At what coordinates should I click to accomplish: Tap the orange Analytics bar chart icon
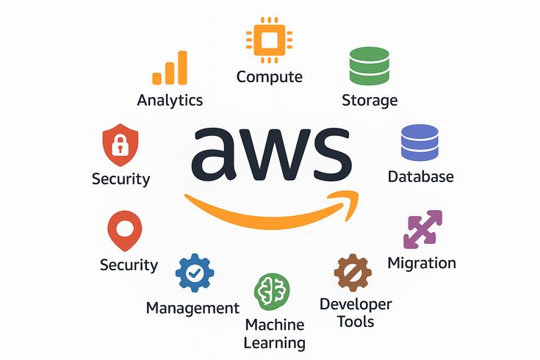(170, 70)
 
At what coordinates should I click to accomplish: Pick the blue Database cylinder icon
(420, 143)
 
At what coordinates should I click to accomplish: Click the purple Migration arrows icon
(423, 229)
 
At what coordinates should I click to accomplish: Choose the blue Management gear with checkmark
(195, 273)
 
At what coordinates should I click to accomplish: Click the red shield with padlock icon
(120, 145)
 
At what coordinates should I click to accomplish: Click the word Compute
(269, 76)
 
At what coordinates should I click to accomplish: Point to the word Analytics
(170, 100)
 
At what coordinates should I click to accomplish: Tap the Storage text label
(370, 100)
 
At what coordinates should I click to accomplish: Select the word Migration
(422, 263)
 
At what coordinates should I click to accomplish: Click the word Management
(192, 308)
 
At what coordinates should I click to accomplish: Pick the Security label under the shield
(120, 179)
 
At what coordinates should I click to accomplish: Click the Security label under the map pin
(129, 264)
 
